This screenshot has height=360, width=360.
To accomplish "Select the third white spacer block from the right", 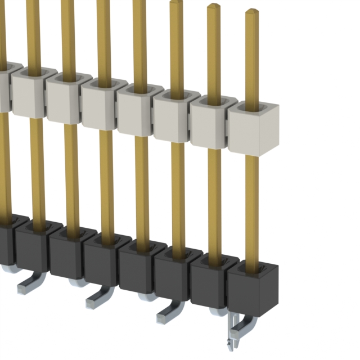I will click(x=176, y=119).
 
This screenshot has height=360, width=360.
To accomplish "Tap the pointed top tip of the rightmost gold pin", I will click(x=251, y=12).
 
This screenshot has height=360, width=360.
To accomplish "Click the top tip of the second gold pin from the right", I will click(x=214, y=6).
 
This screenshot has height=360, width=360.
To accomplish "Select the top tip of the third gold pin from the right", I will click(x=177, y=3).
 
